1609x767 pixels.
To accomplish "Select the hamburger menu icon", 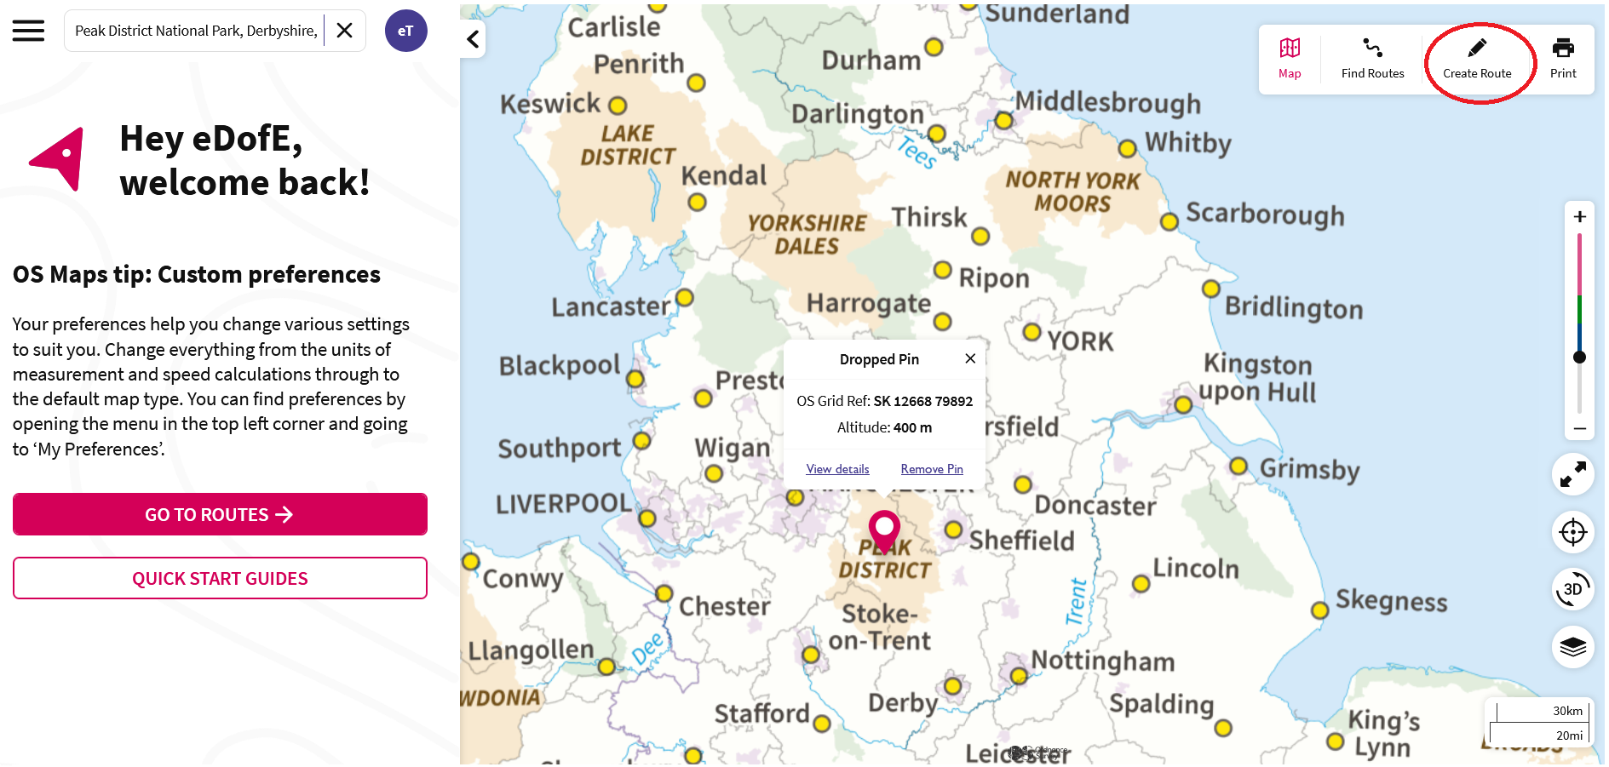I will [28, 31].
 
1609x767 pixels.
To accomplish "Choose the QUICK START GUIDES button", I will [220, 579].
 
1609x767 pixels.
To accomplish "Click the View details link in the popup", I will [837, 469].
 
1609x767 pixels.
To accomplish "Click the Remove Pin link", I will [932, 469].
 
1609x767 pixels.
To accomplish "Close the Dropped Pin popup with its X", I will [970, 359].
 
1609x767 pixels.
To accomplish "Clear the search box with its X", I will [345, 31].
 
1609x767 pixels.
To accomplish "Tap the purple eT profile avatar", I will [405, 31].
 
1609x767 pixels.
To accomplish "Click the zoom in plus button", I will [1579, 217].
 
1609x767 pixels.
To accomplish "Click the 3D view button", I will [1572, 589].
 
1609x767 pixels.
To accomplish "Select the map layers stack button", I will [1572, 647].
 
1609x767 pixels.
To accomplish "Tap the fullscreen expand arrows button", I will [1572, 474].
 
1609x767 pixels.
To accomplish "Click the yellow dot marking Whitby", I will [1128, 149].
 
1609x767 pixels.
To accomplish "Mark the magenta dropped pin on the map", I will [884, 528].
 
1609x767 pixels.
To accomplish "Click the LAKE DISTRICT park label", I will [628, 145].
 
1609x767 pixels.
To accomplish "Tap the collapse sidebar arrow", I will [473, 39].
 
